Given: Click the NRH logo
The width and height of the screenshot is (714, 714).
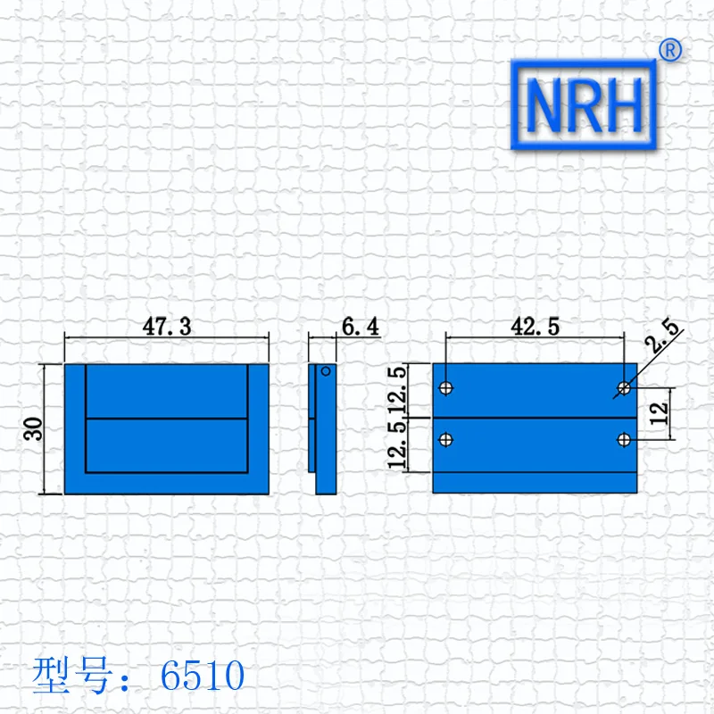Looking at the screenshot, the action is (584, 104).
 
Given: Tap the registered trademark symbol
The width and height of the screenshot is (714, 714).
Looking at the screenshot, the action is (670, 50).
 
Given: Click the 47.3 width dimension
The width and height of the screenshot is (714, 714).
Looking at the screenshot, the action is (167, 327).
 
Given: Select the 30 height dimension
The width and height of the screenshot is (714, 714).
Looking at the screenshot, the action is (33, 429).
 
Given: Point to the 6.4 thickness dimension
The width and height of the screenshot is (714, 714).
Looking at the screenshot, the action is (361, 327).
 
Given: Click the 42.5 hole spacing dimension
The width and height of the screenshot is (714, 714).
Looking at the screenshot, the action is (535, 327).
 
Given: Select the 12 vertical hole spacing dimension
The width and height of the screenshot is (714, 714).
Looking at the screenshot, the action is (659, 414).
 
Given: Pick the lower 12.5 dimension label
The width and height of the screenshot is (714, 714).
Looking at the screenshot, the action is (396, 444).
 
